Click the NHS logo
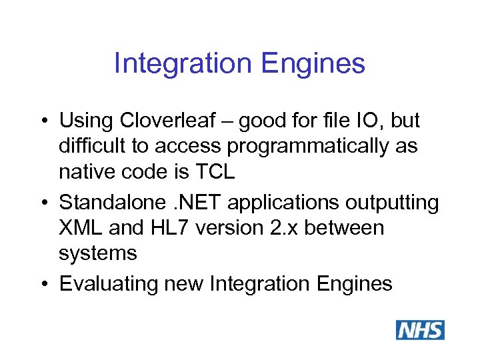[420, 330]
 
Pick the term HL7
[179, 228]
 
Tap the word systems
[98, 253]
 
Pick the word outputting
[379, 202]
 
